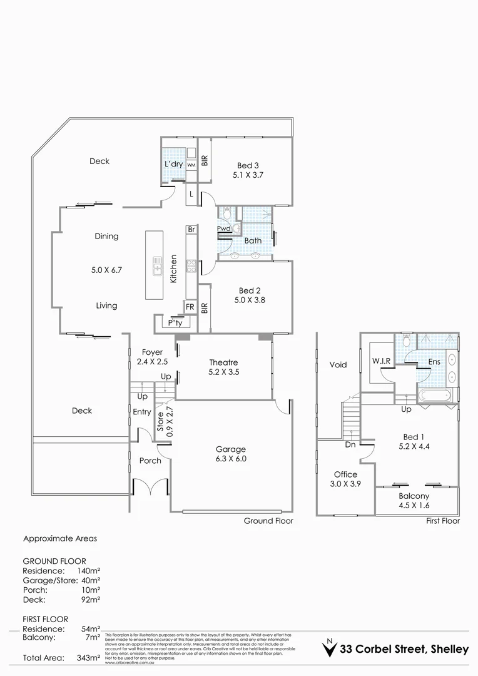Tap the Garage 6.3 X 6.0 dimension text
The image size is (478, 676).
coord(231,458)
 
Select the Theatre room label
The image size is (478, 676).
coord(223,362)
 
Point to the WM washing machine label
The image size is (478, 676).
coord(191,165)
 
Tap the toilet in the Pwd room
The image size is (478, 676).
coord(226,215)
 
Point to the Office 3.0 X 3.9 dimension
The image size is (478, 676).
coord(345,484)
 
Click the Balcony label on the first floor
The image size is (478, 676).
coord(414,496)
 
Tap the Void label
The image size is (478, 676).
coord(337,365)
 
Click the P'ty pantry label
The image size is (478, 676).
coord(175,324)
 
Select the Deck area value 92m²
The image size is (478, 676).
coord(91,599)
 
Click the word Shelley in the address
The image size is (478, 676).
coord(449,650)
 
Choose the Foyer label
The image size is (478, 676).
coord(152,352)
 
